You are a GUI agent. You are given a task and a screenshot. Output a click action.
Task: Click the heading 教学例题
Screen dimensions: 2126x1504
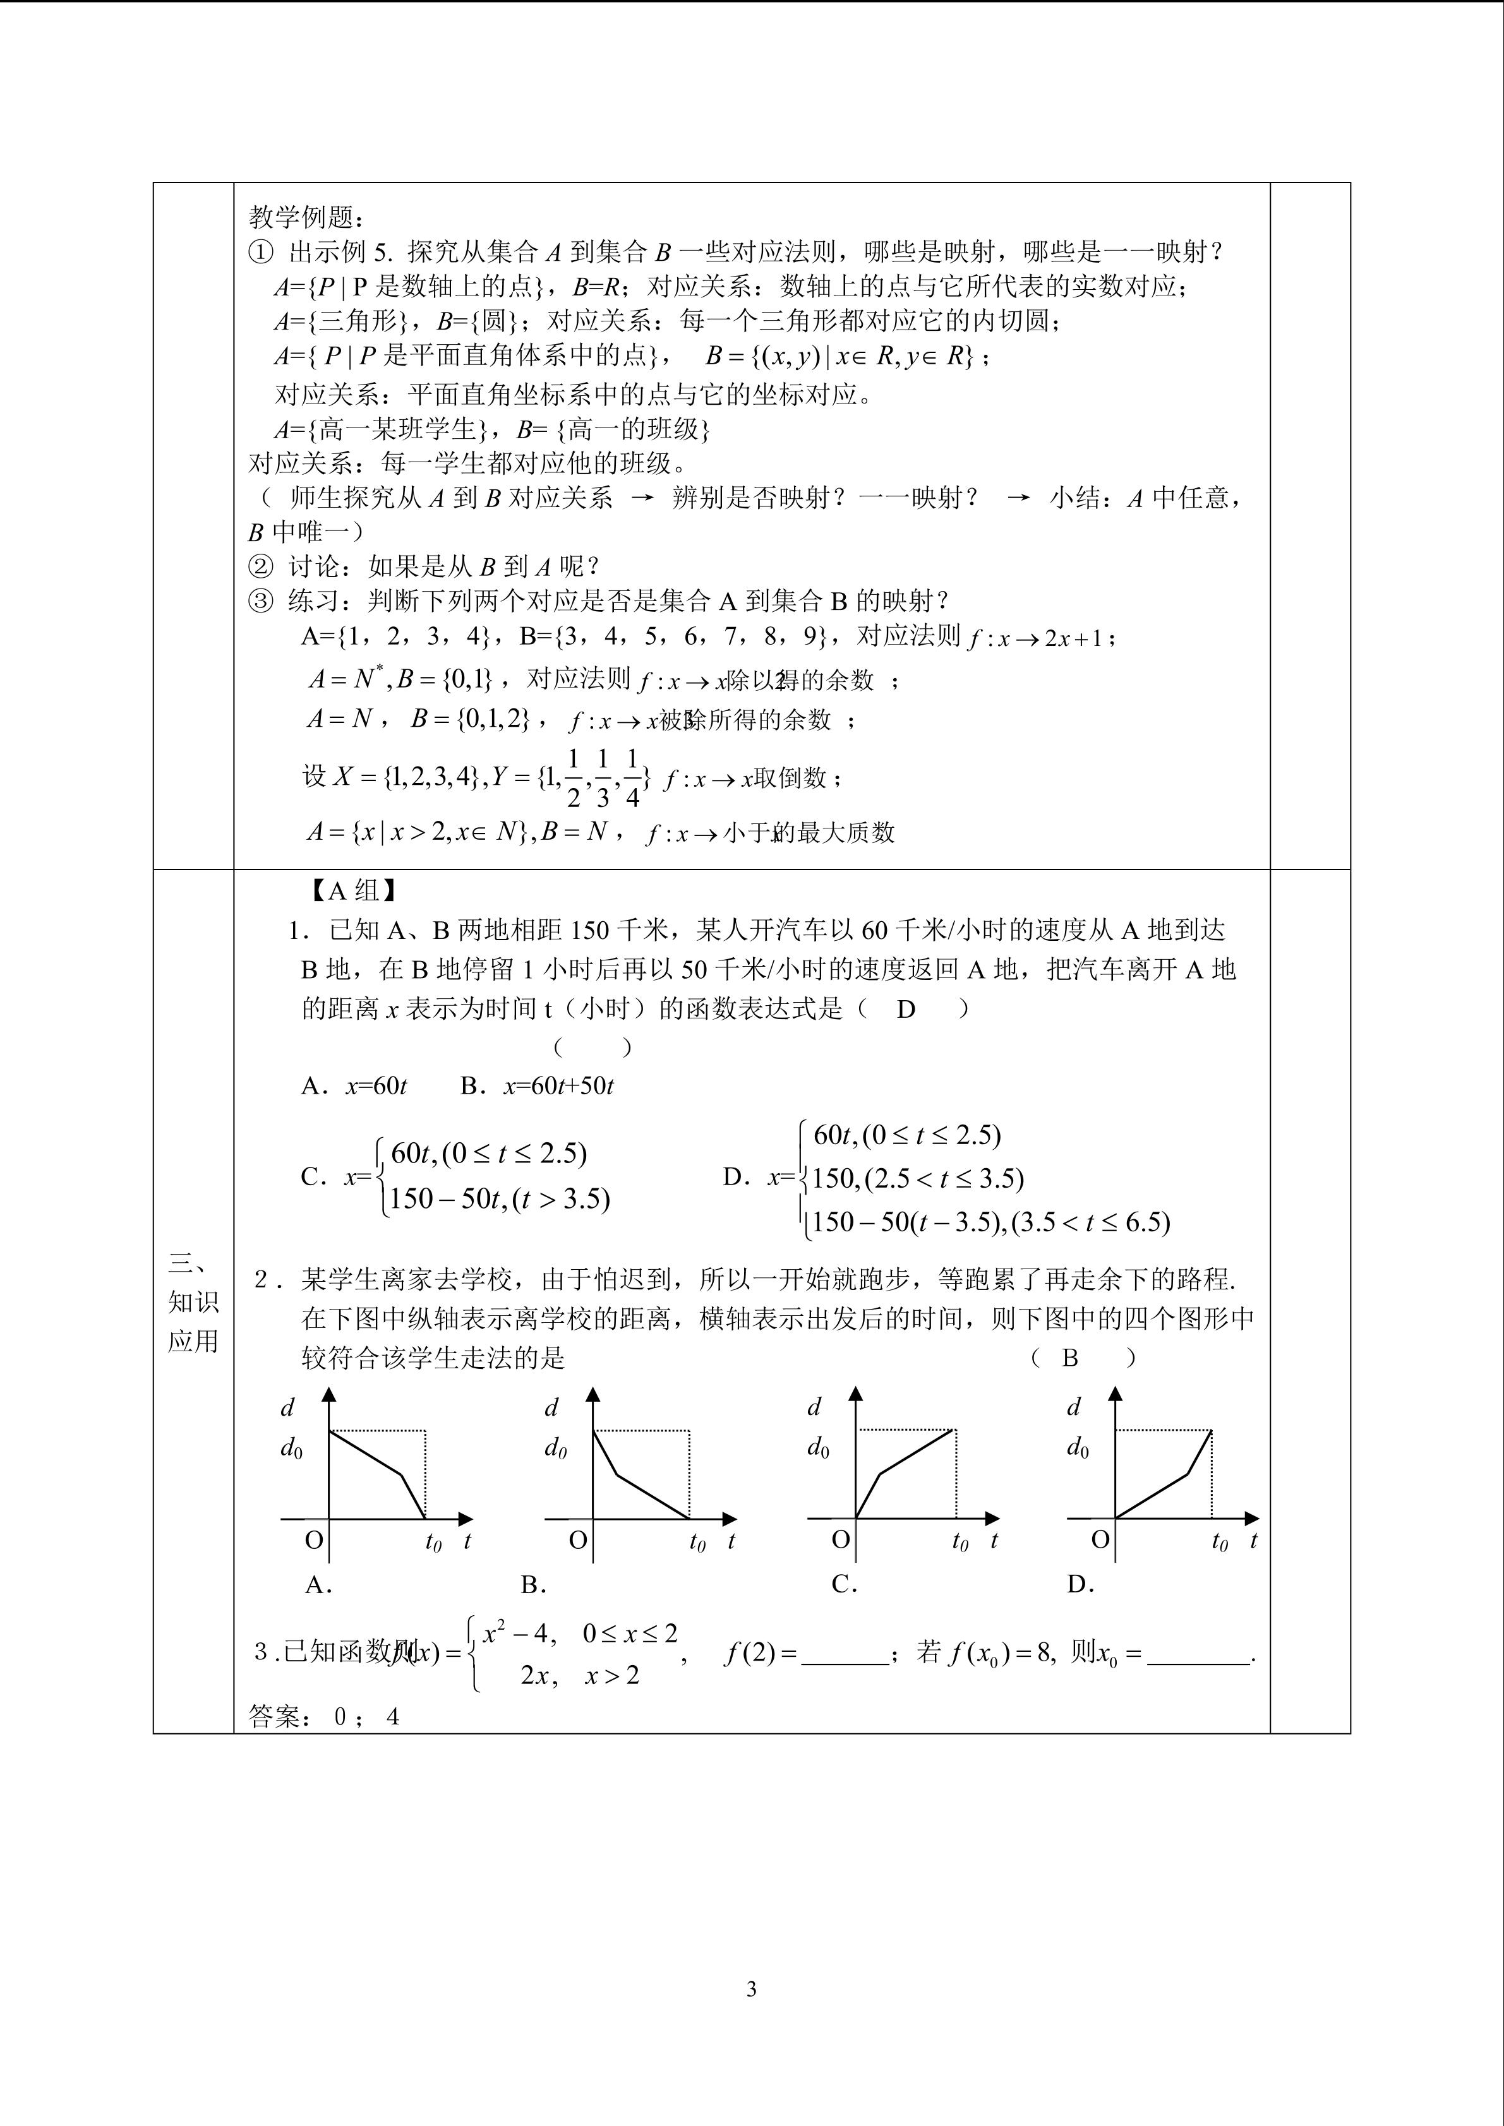(x=306, y=218)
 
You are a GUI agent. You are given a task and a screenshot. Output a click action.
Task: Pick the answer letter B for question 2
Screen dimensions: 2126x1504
(x=1069, y=1358)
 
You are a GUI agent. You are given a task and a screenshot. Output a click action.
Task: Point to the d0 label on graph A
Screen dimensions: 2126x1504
(x=292, y=1448)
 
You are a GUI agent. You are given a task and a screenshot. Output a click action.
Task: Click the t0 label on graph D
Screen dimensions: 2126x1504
(x=1220, y=1542)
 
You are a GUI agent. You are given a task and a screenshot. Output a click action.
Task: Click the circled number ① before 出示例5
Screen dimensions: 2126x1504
(x=261, y=252)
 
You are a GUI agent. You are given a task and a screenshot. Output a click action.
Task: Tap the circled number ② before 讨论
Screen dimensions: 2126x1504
(x=261, y=566)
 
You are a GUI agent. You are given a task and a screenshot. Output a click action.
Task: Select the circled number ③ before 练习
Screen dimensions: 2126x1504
(x=261, y=601)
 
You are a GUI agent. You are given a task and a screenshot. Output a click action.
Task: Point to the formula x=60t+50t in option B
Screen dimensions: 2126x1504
(x=558, y=1086)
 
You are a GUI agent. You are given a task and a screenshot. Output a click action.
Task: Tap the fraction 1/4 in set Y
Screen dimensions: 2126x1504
(x=632, y=779)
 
